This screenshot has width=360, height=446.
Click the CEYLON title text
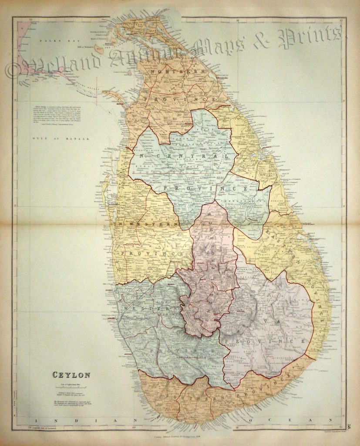pyautogui.click(x=71, y=374)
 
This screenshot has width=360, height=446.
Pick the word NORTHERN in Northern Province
pyautogui.click(x=178, y=71)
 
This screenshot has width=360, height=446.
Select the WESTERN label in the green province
pyautogui.click(x=148, y=307)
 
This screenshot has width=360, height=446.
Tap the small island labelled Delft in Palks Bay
pyautogui.click(x=99, y=50)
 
